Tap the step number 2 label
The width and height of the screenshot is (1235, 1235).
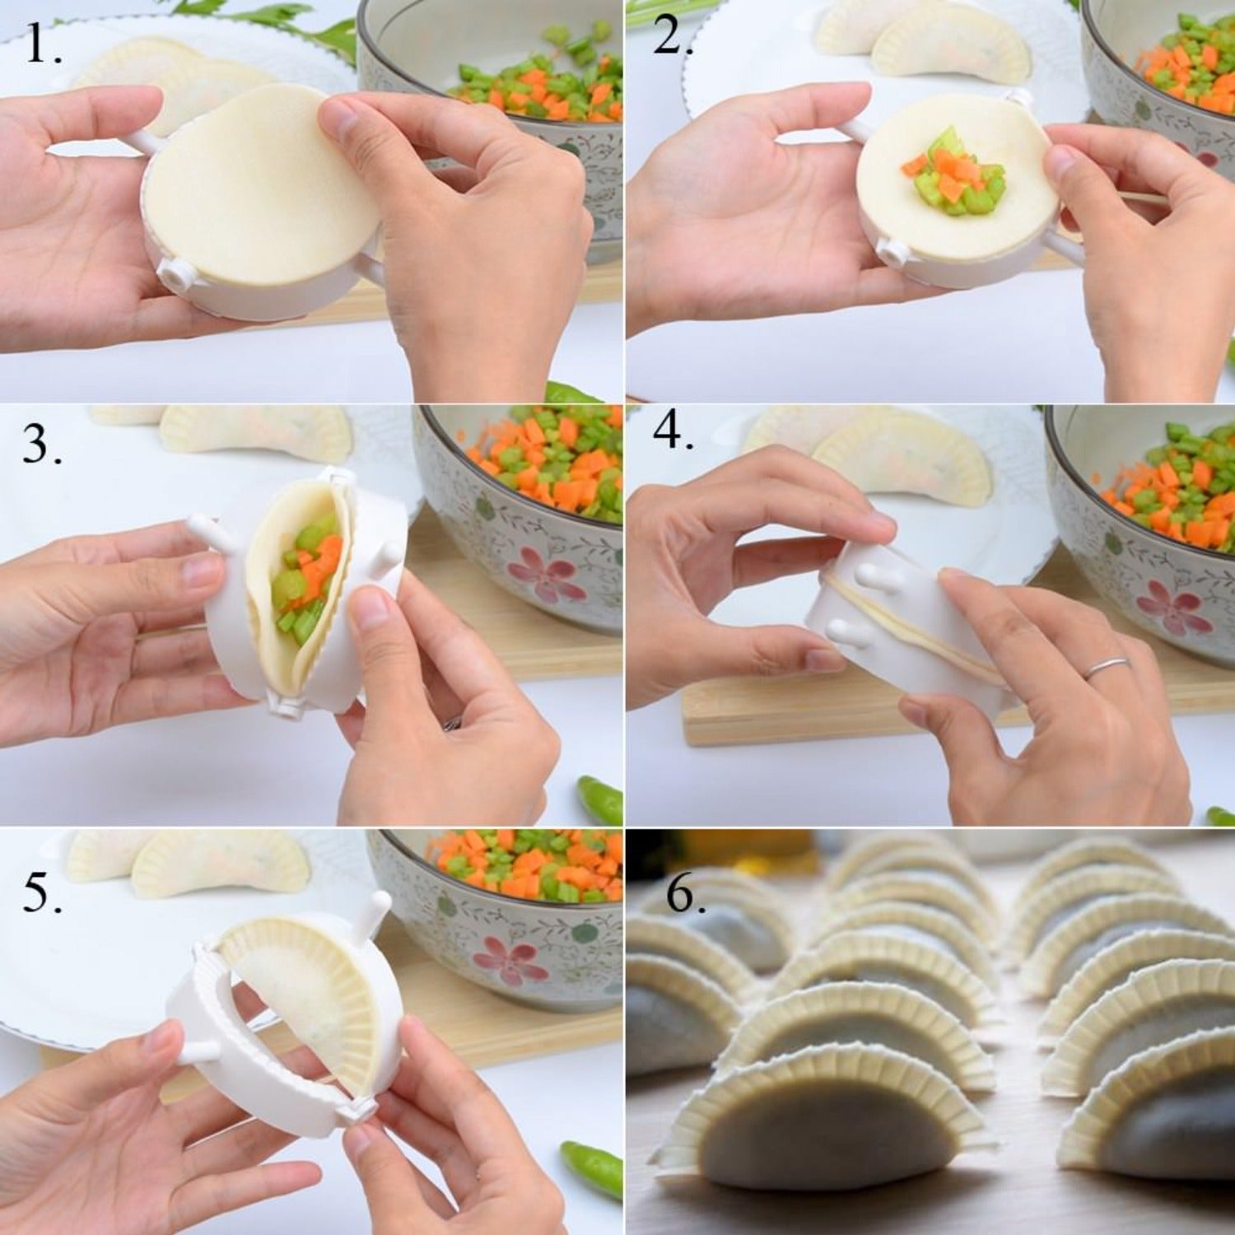[x=672, y=37]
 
